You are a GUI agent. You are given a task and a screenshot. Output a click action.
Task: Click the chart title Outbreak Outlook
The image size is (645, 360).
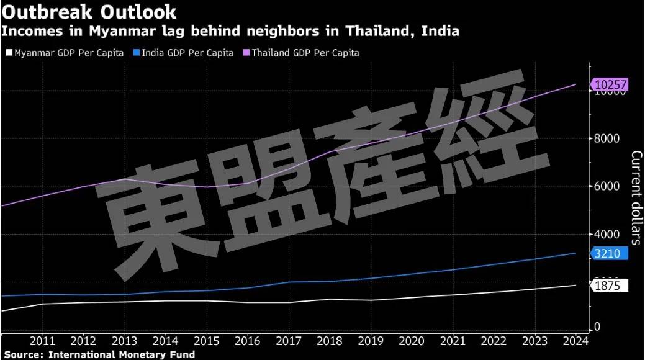tap(89, 11)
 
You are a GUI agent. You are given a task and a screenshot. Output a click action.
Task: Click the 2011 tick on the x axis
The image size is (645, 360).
tap(42, 341)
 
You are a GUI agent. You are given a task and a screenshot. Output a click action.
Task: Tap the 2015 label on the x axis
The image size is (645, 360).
tap(206, 341)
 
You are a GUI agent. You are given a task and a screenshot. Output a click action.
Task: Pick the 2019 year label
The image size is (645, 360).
tap(371, 341)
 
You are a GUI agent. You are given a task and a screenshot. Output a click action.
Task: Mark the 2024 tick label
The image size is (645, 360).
tap(575, 341)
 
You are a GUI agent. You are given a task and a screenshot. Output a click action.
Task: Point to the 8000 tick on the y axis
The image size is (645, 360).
tap(607, 138)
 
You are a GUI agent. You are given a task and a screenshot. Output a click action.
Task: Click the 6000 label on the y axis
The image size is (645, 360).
tap(607, 186)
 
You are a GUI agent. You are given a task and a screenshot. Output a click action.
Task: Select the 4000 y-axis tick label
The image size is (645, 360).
tap(607, 234)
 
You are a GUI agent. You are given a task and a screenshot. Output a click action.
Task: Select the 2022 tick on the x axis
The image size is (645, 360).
tap(494, 341)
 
